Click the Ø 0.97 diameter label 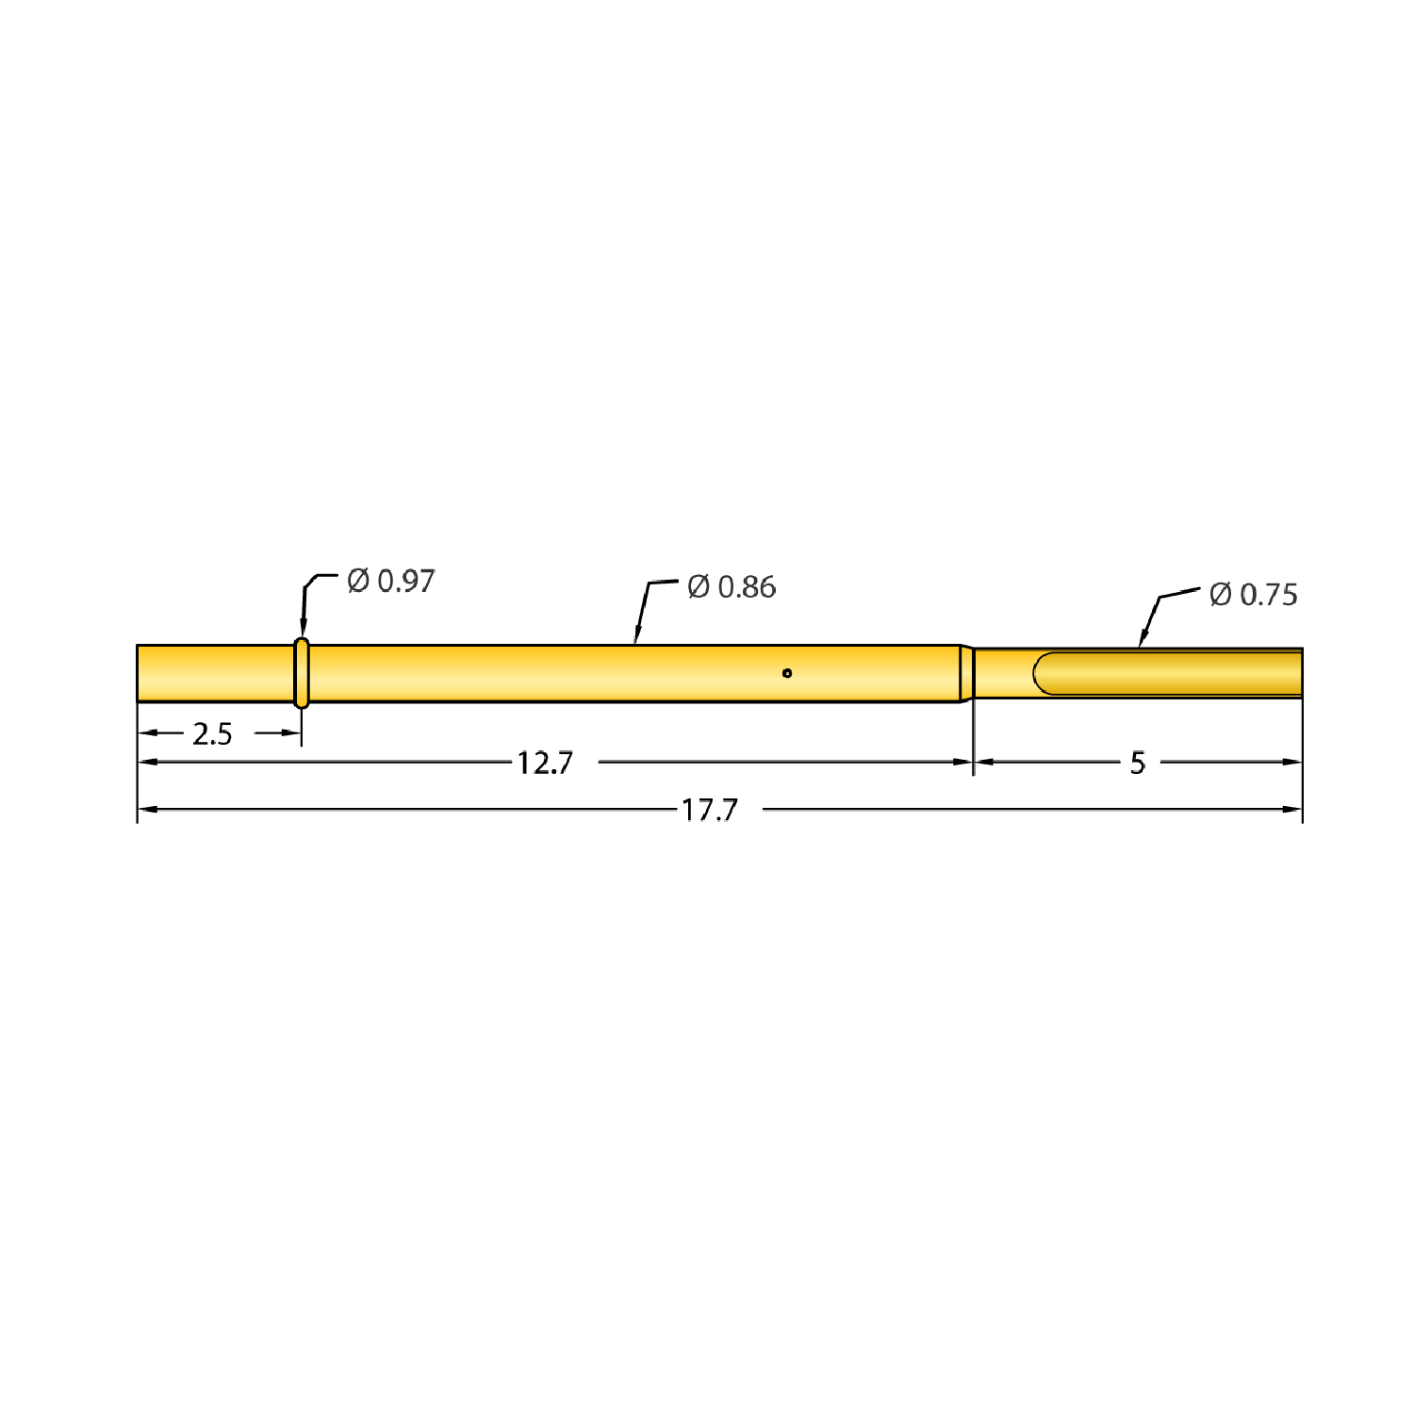pyautogui.click(x=390, y=581)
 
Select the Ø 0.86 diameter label pyautogui.click(x=732, y=587)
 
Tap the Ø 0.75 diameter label pyautogui.click(x=1253, y=595)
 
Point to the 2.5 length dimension pyautogui.click(x=212, y=733)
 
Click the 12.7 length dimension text pyautogui.click(x=545, y=763)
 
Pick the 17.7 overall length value pyautogui.click(x=710, y=810)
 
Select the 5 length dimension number pyautogui.click(x=1138, y=763)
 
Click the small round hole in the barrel pyautogui.click(x=787, y=673)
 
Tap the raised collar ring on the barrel pyautogui.click(x=302, y=673)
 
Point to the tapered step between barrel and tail pyautogui.click(x=966, y=673)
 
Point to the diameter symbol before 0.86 pyautogui.click(x=699, y=587)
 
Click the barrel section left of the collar pyautogui.click(x=215, y=673)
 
